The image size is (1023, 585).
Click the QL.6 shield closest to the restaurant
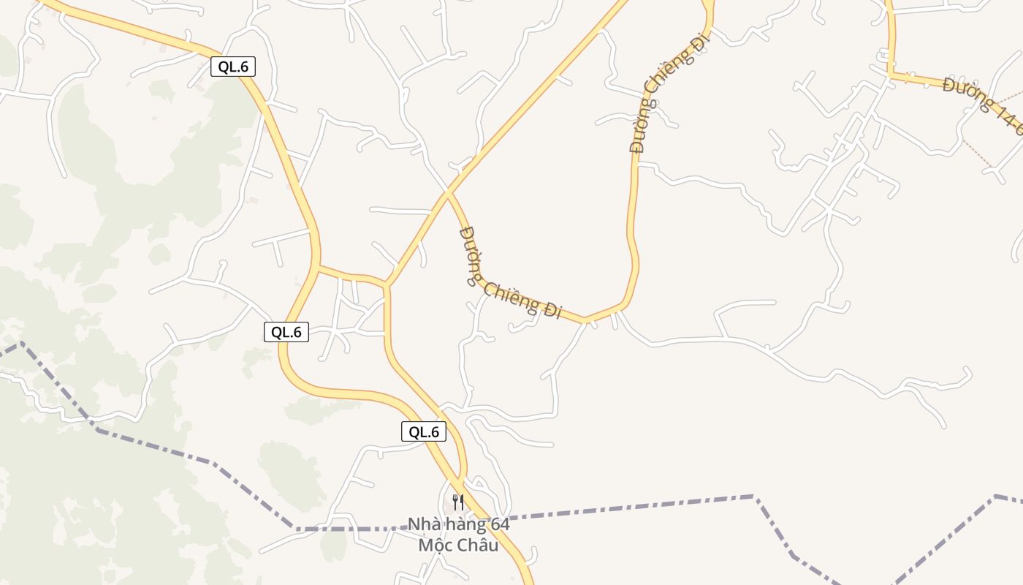click(x=424, y=431)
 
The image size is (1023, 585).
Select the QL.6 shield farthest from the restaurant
click(x=233, y=67)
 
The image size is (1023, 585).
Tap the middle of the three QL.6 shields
click(x=286, y=332)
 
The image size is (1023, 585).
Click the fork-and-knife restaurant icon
click(x=458, y=502)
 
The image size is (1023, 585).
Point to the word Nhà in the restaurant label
click(x=424, y=524)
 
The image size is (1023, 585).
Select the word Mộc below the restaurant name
click(x=436, y=546)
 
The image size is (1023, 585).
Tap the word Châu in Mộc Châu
click(x=479, y=546)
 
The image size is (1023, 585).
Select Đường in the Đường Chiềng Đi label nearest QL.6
click(x=468, y=255)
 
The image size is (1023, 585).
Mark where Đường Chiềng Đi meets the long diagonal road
click(x=447, y=193)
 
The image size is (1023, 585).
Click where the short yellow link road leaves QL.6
click(x=318, y=268)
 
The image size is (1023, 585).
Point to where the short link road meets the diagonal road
click(x=386, y=284)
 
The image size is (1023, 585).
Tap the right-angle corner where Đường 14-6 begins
click(x=891, y=75)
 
